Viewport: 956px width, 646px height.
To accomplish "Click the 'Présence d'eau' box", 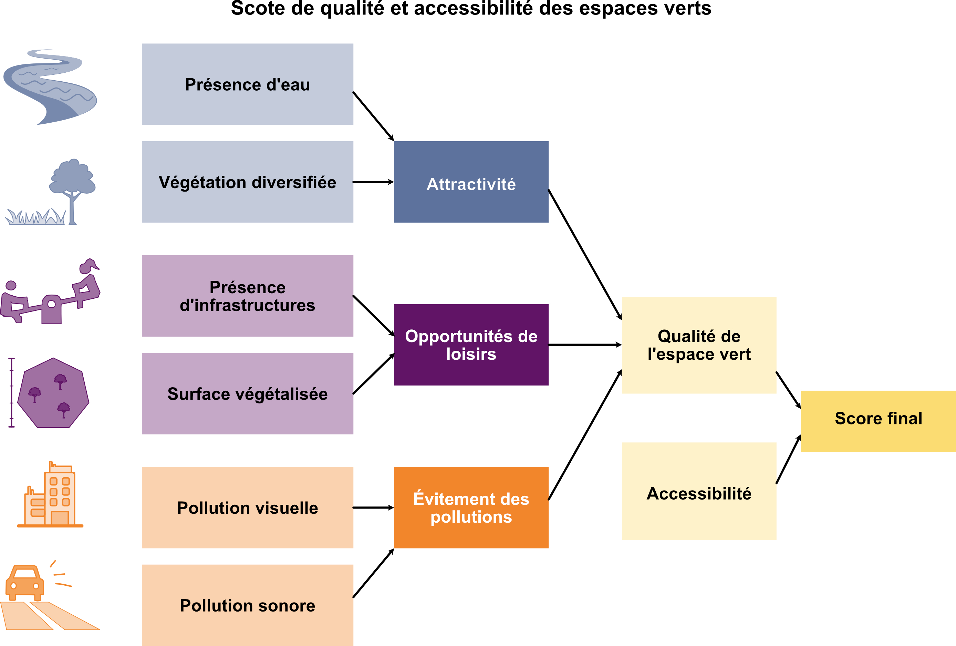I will pos(247,84).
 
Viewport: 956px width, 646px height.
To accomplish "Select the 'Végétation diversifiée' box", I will pos(247,182).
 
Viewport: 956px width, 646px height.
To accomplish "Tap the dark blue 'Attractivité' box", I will pos(471,182).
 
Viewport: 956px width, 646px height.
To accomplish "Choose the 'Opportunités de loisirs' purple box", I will pos(471,345).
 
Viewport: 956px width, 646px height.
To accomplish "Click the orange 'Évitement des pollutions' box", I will pos(471,507).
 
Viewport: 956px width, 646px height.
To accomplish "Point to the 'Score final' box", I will pos(878,421).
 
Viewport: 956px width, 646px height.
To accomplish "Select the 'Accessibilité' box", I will pos(699,491).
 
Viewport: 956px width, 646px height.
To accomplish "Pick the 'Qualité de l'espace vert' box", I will pos(699,345).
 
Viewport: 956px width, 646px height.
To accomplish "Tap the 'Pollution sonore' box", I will pos(247,605).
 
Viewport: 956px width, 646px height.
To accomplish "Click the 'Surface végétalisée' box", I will pos(247,393).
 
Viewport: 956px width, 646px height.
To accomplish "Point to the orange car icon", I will pos(25,582).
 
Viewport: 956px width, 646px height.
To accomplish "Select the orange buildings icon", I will pos(51,495).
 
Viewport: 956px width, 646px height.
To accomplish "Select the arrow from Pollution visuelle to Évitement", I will pos(373,508).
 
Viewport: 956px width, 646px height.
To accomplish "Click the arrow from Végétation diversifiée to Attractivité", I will pos(373,182).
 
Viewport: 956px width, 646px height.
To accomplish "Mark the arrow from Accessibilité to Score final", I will pos(789,459).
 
